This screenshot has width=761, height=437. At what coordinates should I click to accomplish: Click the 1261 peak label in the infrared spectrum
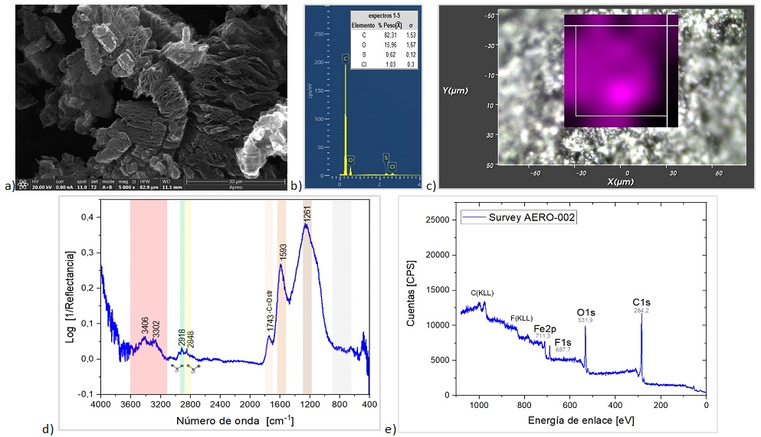pyautogui.click(x=307, y=214)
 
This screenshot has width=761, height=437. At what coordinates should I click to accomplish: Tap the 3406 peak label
pyautogui.click(x=144, y=325)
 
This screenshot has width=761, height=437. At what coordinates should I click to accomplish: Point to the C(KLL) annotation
pyautogui.click(x=484, y=292)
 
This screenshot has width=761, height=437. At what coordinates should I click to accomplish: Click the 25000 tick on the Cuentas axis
pyautogui.click(x=438, y=220)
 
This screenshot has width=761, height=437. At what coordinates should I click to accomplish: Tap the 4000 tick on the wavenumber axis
pyautogui.click(x=100, y=404)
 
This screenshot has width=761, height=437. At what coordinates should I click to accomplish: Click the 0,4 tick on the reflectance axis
pyautogui.click(x=89, y=217)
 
